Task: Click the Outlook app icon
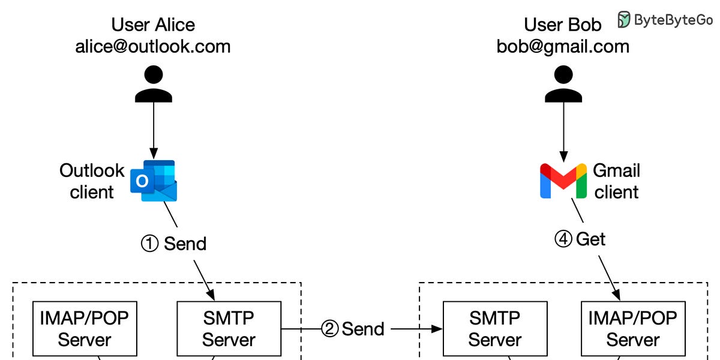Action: click(x=155, y=181)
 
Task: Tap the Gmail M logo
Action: click(x=563, y=181)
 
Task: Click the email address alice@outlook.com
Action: click(x=153, y=47)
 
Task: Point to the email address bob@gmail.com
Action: click(x=563, y=47)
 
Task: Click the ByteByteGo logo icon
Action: click(x=625, y=20)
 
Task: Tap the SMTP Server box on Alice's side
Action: click(x=229, y=329)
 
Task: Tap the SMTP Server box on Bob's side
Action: click(x=494, y=329)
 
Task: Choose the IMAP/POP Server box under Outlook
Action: click(x=85, y=329)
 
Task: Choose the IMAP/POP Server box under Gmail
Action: click(x=633, y=329)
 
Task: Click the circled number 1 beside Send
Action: click(x=149, y=244)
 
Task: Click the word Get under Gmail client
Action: click(x=591, y=239)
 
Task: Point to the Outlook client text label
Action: click(x=92, y=181)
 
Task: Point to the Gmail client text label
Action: click(x=616, y=181)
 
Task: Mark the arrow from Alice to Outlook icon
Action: click(x=153, y=129)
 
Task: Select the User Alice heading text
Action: click(x=153, y=25)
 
